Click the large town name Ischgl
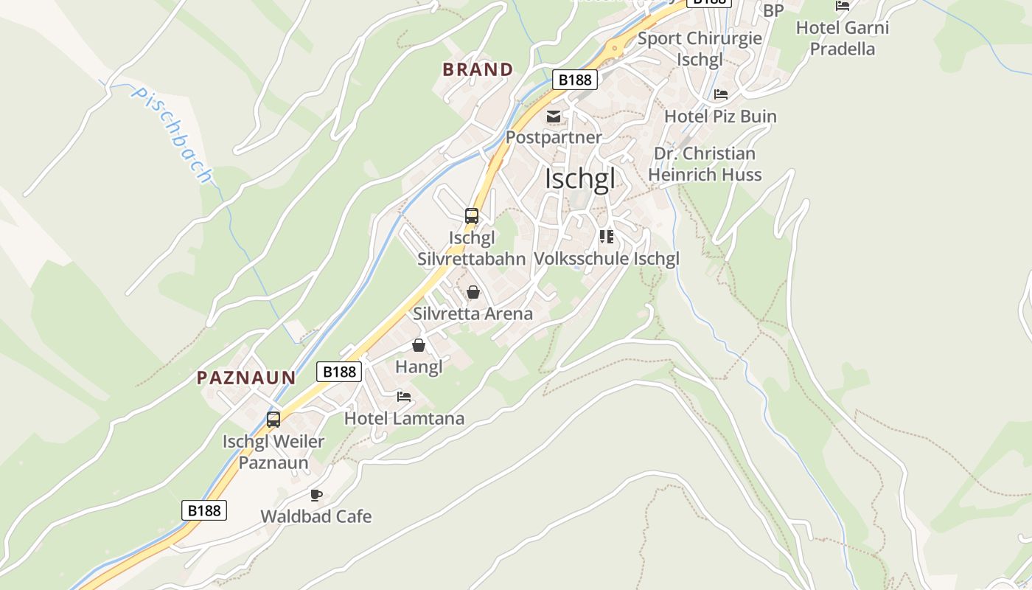click(x=579, y=178)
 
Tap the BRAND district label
click(x=478, y=70)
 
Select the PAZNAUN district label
click(x=246, y=378)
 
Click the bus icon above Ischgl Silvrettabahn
click(x=472, y=216)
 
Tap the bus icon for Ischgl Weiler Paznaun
click(x=273, y=420)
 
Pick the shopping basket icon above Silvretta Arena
click(x=473, y=293)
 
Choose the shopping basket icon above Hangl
click(x=419, y=345)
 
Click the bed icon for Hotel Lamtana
click(x=404, y=397)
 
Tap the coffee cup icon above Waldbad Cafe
click(x=316, y=495)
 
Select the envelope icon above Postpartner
click(x=554, y=117)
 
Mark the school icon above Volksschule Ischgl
click(x=607, y=237)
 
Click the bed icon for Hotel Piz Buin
click(x=721, y=94)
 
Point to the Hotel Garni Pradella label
click(x=842, y=38)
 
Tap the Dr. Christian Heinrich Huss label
click(x=704, y=164)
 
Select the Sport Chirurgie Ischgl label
click(x=700, y=49)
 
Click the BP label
click(x=773, y=10)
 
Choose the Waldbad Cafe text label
click(x=316, y=516)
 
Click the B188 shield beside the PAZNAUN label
click(x=339, y=372)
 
